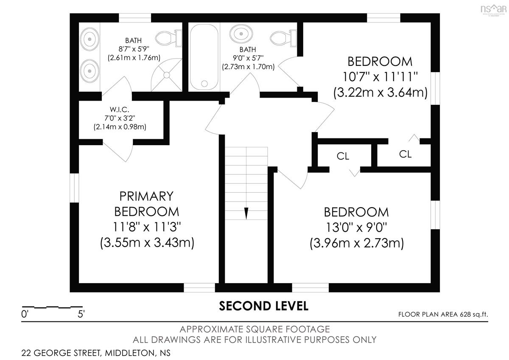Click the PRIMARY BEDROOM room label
coord(147,204)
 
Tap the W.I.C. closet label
coord(120,110)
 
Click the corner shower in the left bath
coord(167,75)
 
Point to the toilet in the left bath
coord(169,39)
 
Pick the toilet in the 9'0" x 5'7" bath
coord(283,38)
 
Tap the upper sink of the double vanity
coord(90,39)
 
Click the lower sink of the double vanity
coord(90,71)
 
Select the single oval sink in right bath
coord(241,34)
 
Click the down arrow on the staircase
coord(246,213)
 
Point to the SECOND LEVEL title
coord(263,306)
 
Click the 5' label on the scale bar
coord(81,314)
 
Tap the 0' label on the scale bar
coord(24,314)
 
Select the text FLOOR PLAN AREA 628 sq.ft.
coord(443,315)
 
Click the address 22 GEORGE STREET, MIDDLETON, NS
coord(96,353)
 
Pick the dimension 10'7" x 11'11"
coord(380,77)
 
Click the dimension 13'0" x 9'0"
coord(357,228)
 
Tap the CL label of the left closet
coord(343,156)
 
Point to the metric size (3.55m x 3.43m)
coord(147,243)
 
